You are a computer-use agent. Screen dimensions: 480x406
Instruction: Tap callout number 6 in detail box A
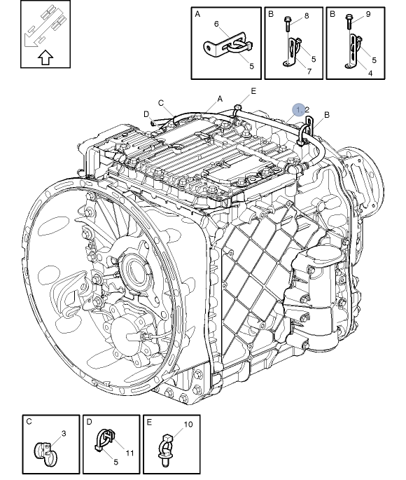pos(216,25)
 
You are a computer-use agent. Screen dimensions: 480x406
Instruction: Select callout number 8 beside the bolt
pos(306,15)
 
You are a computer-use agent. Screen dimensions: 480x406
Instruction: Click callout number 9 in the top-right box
pos(368,14)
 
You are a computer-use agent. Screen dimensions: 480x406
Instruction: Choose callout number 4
pos(370,72)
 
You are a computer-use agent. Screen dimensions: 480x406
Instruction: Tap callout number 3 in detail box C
pos(63,434)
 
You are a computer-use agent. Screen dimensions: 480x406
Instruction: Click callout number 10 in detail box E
pos(188,425)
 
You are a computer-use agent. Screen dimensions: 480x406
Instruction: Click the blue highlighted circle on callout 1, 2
pos(300,110)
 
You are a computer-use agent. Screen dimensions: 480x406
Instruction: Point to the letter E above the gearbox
pos(253,91)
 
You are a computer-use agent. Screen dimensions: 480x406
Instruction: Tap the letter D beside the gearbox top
pos(146,114)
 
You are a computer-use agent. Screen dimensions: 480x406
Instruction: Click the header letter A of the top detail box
pos(197,14)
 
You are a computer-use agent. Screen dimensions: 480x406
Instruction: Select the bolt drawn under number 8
pos(289,25)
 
